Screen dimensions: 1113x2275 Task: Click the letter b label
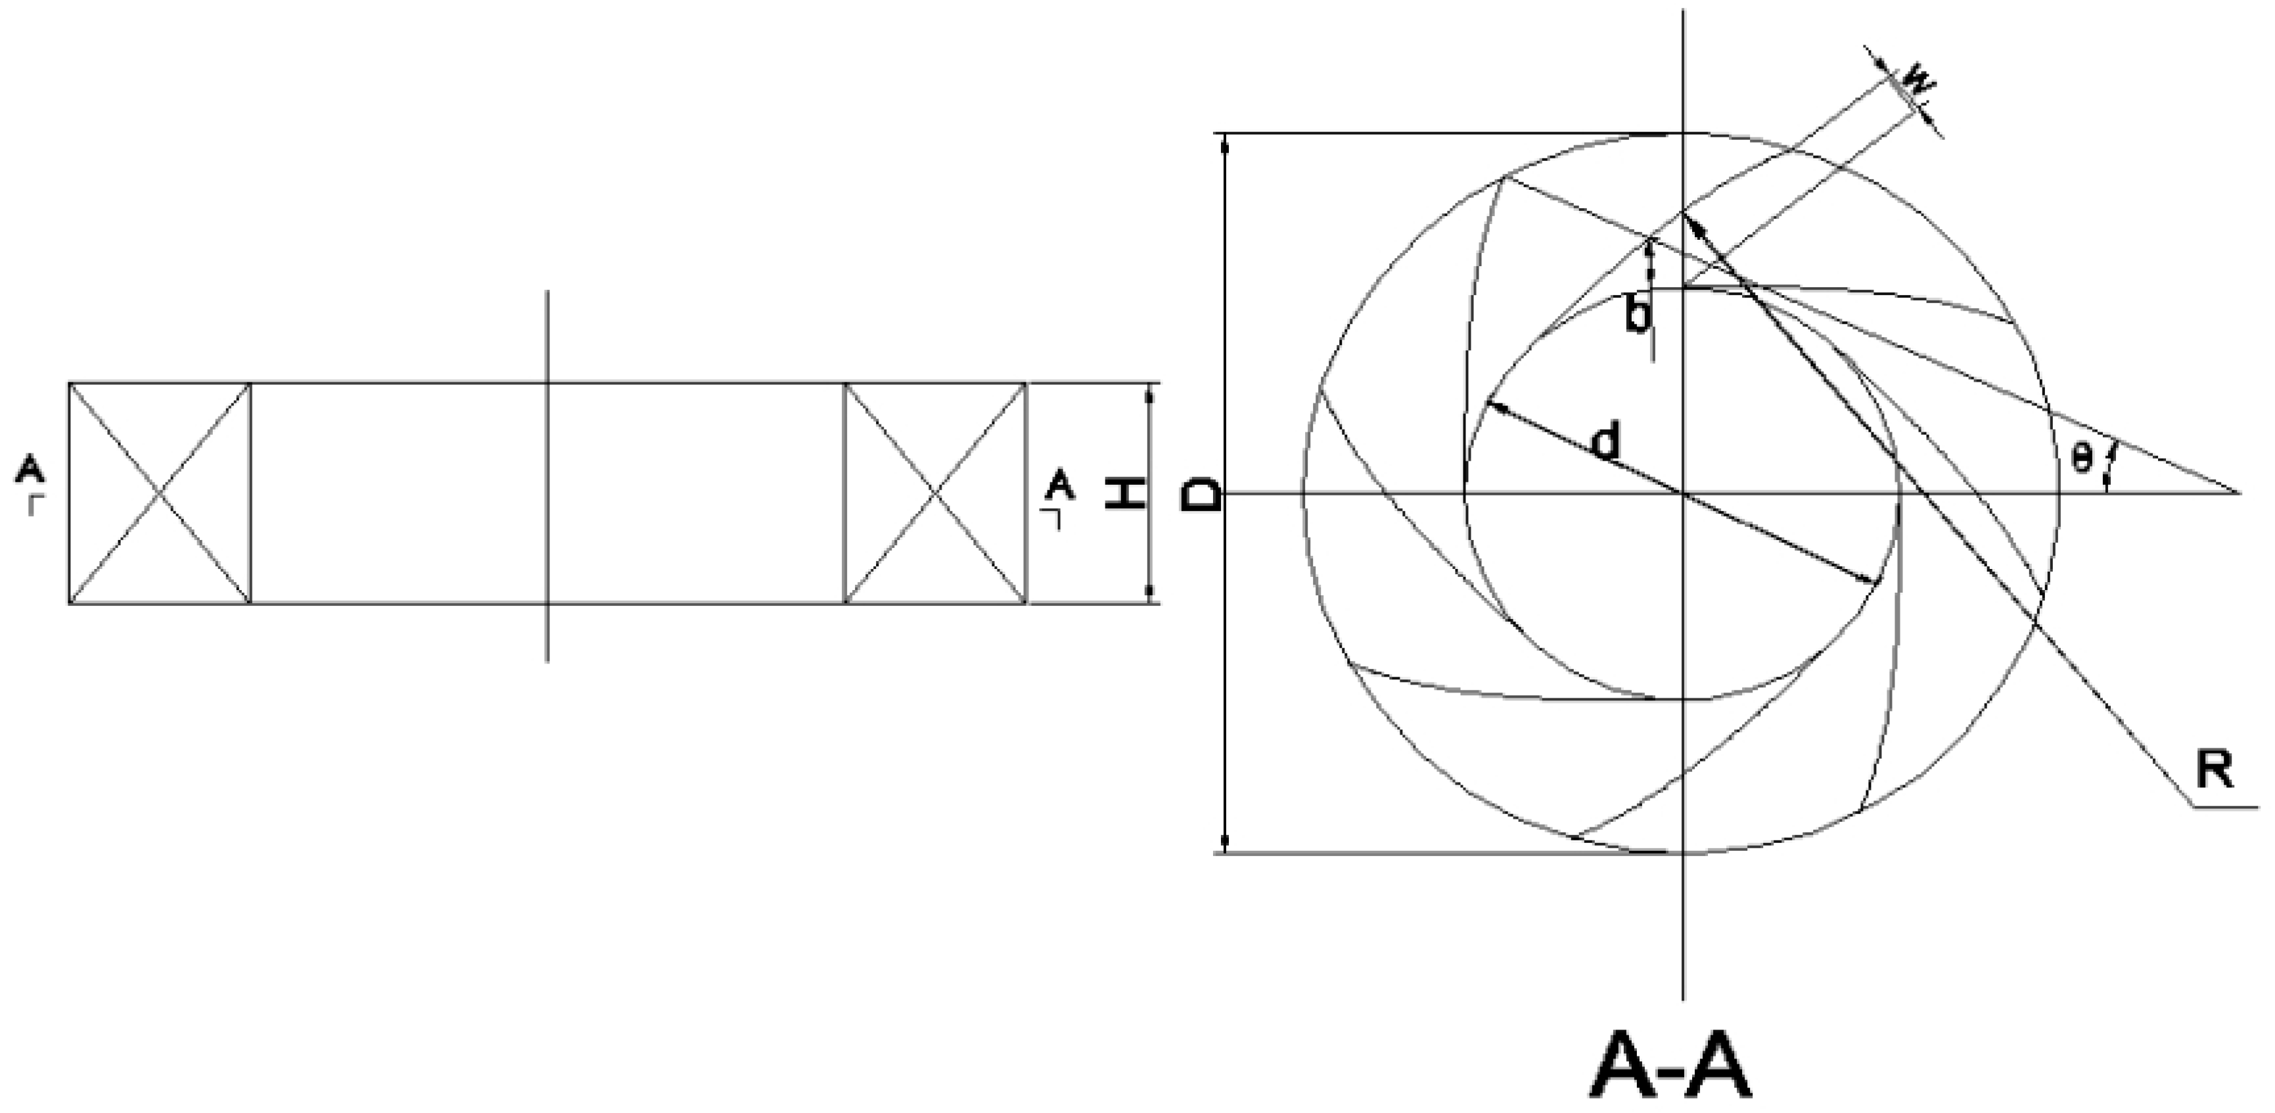click(1638, 316)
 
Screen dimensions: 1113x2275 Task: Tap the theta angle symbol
click(2082, 457)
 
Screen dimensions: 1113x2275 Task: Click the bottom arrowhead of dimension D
click(1224, 846)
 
